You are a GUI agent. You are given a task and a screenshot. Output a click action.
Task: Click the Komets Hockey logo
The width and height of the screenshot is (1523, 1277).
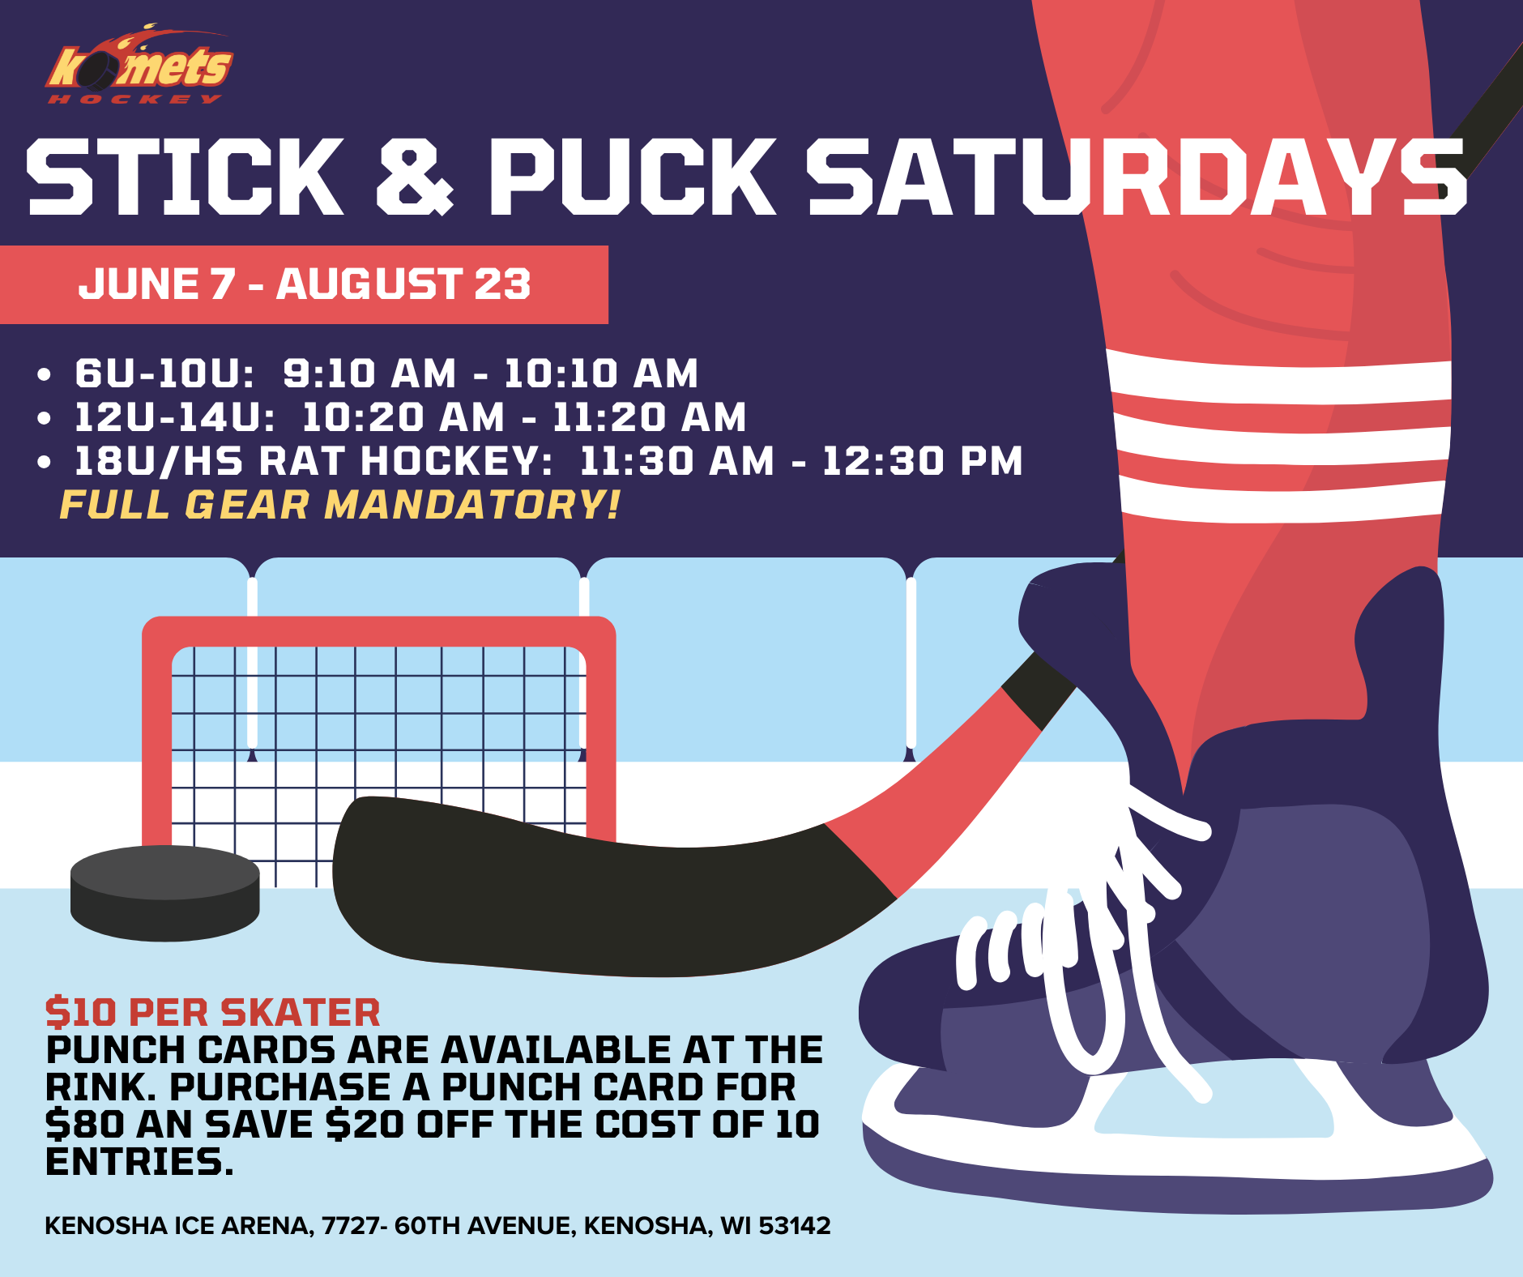click(139, 66)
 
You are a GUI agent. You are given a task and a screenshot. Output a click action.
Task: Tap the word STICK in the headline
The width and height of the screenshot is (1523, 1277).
click(186, 177)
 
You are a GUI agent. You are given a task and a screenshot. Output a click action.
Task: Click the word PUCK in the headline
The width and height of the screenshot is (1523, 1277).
click(632, 177)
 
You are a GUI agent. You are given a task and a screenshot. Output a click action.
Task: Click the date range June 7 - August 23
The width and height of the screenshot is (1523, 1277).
click(305, 284)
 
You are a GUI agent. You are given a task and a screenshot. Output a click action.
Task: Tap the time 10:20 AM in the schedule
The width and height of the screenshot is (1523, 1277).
click(403, 417)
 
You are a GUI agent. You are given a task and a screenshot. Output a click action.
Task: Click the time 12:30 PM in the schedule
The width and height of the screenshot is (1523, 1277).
click(923, 461)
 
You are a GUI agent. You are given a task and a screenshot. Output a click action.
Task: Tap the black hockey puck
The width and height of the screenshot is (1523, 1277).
click(165, 893)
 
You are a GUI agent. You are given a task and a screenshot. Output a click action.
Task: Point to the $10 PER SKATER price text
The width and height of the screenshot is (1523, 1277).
click(212, 1013)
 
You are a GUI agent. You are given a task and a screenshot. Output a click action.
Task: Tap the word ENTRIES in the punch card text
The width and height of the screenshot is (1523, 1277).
click(139, 1162)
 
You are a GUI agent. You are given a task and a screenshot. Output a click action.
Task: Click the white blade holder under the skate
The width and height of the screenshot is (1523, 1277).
click(1175, 1134)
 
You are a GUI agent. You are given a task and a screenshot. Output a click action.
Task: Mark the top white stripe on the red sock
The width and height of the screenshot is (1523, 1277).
click(1278, 378)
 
